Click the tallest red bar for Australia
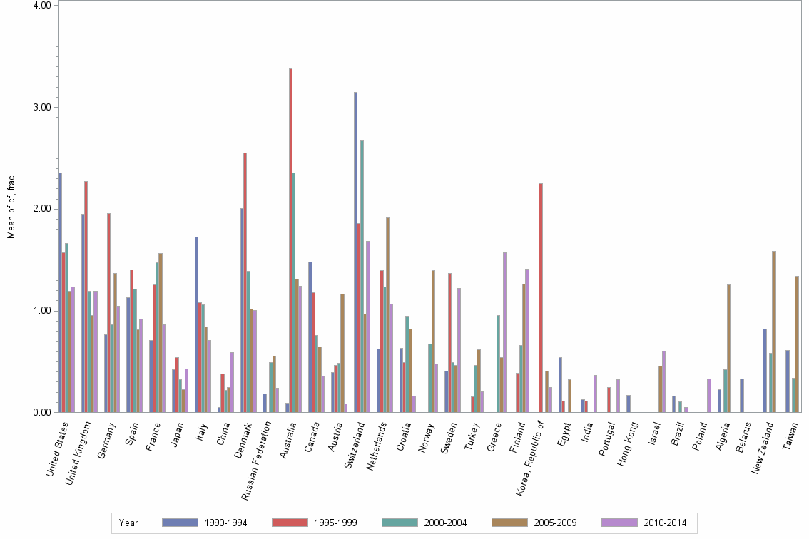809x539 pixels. click(x=290, y=240)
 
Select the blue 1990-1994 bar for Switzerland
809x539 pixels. click(x=355, y=252)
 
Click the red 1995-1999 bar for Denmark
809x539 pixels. click(x=245, y=282)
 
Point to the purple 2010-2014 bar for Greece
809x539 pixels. click(x=504, y=332)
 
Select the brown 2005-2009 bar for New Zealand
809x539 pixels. click(x=774, y=332)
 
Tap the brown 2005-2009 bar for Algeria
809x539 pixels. click(x=728, y=348)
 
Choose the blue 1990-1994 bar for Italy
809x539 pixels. click(x=196, y=324)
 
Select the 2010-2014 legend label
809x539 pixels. click(x=665, y=523)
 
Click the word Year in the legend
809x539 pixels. click(x=129, y=523)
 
